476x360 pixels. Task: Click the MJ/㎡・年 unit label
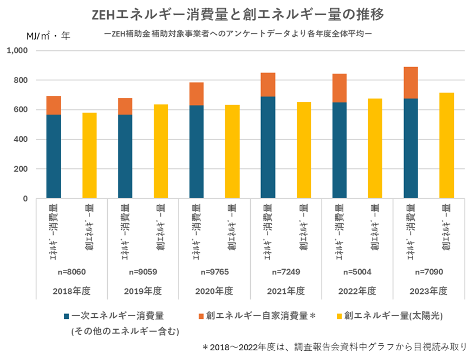[x=48, y=36]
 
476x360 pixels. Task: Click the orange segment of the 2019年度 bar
[x=125, y=106]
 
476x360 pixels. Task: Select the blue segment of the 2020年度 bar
[x=197, y=152]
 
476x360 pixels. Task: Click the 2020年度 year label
[x=214, y=291]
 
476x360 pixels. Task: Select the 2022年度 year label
[x=357, y=291]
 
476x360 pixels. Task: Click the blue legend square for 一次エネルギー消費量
[x=66, y=316]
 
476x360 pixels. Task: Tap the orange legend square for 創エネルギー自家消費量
[x=200, y=316]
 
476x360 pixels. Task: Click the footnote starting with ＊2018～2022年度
[x=334, y=346]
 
